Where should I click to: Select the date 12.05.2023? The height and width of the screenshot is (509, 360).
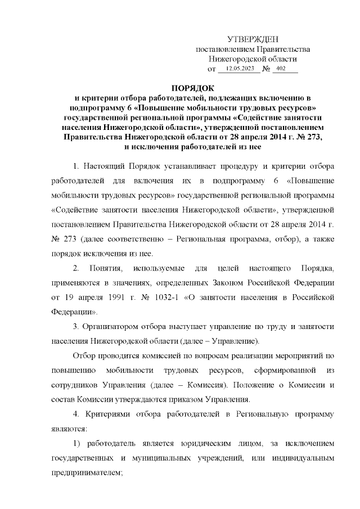coord(240,69)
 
